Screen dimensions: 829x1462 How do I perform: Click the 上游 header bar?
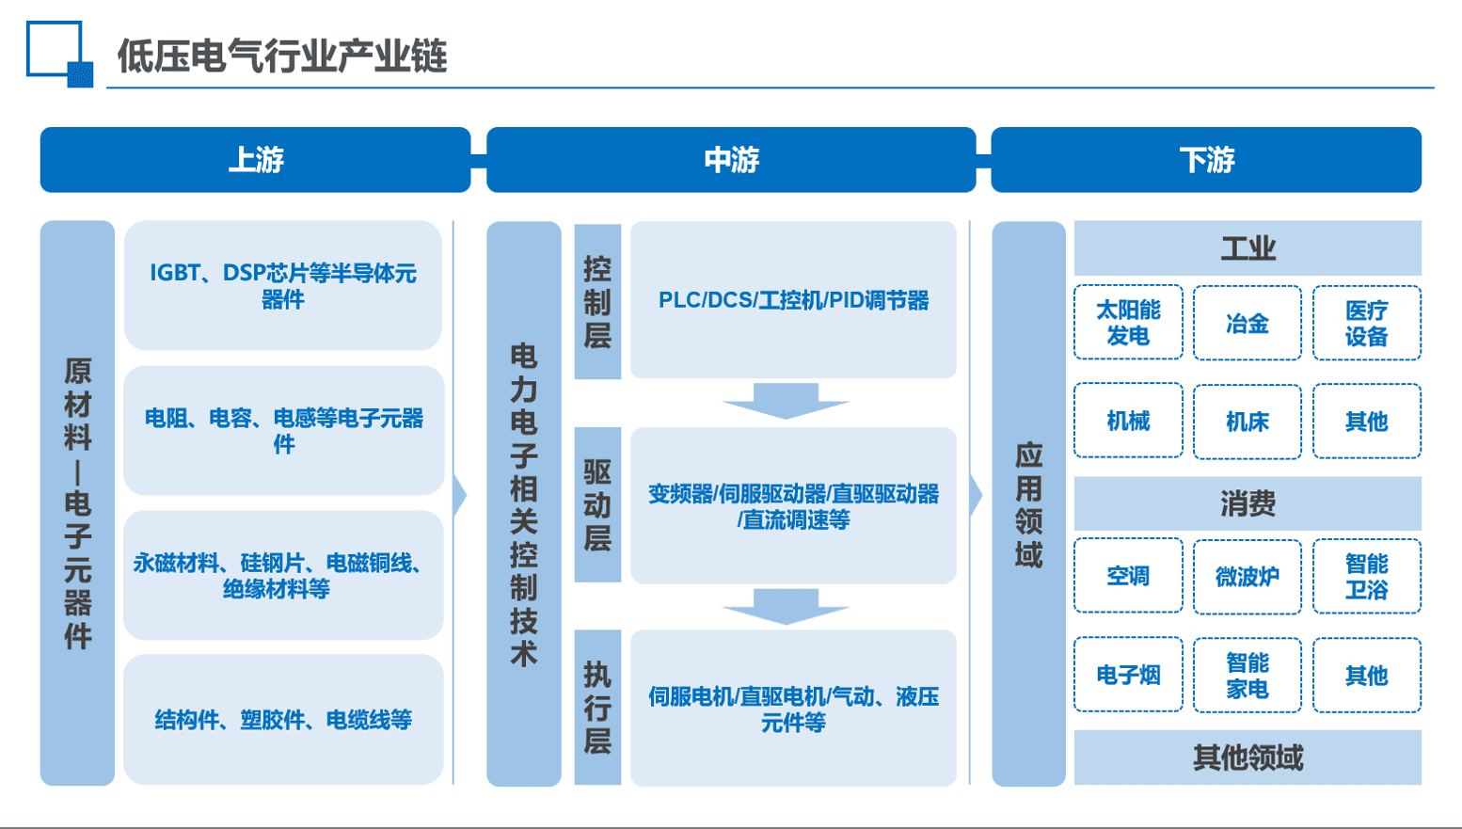point(255,160)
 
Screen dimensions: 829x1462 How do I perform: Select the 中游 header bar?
point(731,160)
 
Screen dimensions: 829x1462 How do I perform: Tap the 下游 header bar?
point(1206,160)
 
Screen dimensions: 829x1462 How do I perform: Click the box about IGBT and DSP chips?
point(283,286)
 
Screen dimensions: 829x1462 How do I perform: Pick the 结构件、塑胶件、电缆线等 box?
point(283,720)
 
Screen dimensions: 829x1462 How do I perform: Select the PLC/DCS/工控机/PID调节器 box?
point(793,300)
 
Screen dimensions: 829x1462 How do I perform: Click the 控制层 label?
point(597,301)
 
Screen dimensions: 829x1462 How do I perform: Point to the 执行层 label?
point(597,708)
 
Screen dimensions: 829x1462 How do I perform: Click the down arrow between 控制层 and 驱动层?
point(786,400)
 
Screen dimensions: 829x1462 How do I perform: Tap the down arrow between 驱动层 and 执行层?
point(786,606)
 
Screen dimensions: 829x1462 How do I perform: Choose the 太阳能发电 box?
point(1128,323)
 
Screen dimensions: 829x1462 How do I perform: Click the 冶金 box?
point(1247,324)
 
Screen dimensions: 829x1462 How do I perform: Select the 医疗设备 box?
point(1366,324)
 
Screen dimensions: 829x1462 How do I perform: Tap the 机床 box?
point(1247,422)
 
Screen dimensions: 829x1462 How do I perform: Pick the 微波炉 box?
point(1247,577)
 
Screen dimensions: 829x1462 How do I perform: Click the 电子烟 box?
point(1128,675)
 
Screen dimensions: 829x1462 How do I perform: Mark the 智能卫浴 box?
point(1366,577)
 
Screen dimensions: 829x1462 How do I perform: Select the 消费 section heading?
point(1247,504)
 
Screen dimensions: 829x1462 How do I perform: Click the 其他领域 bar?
point(1247,757)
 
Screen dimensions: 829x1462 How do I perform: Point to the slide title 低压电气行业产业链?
point(281,56)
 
